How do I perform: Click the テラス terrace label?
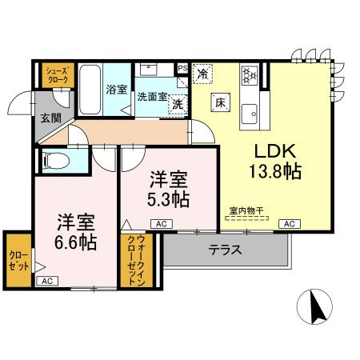point(225,250)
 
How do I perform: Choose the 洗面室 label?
point(150,97)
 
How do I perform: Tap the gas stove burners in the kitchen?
point(249,74)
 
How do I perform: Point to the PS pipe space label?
point(182,68)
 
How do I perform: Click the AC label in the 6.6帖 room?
point(46,281)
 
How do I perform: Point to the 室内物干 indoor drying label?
point(246,211)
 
